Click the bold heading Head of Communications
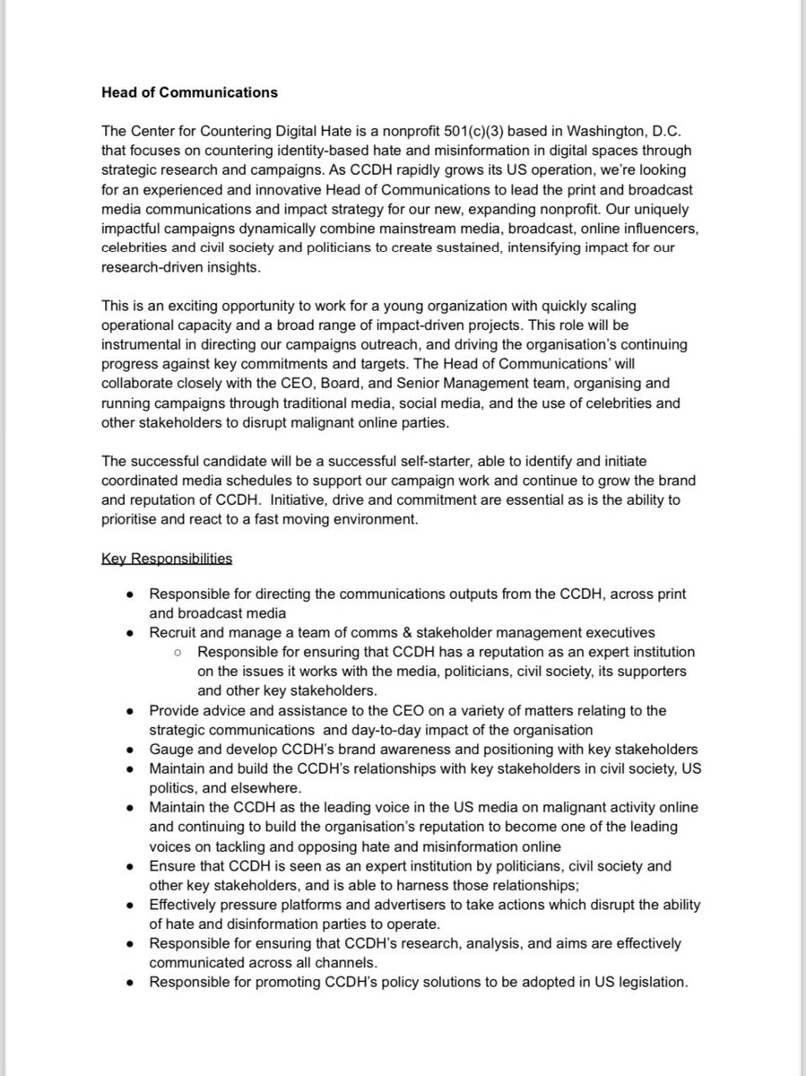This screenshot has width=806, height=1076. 190,91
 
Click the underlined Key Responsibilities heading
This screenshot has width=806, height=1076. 168,559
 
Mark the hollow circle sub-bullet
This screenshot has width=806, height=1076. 180,652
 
